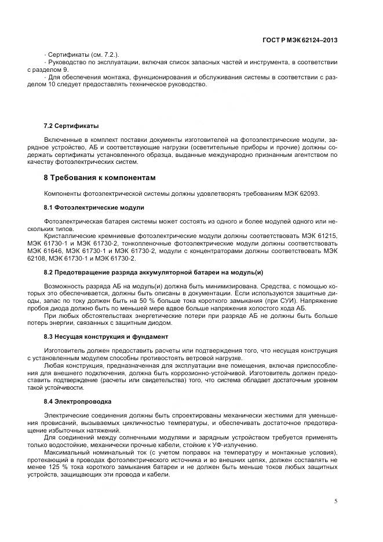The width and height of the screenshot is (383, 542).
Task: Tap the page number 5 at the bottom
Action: tap(337, 501)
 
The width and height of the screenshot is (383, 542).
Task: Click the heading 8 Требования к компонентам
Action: tap(100, 177)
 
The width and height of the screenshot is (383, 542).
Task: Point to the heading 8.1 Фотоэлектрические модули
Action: tap(94, 207)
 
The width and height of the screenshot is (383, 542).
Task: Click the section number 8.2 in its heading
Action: tap(50, 272)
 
